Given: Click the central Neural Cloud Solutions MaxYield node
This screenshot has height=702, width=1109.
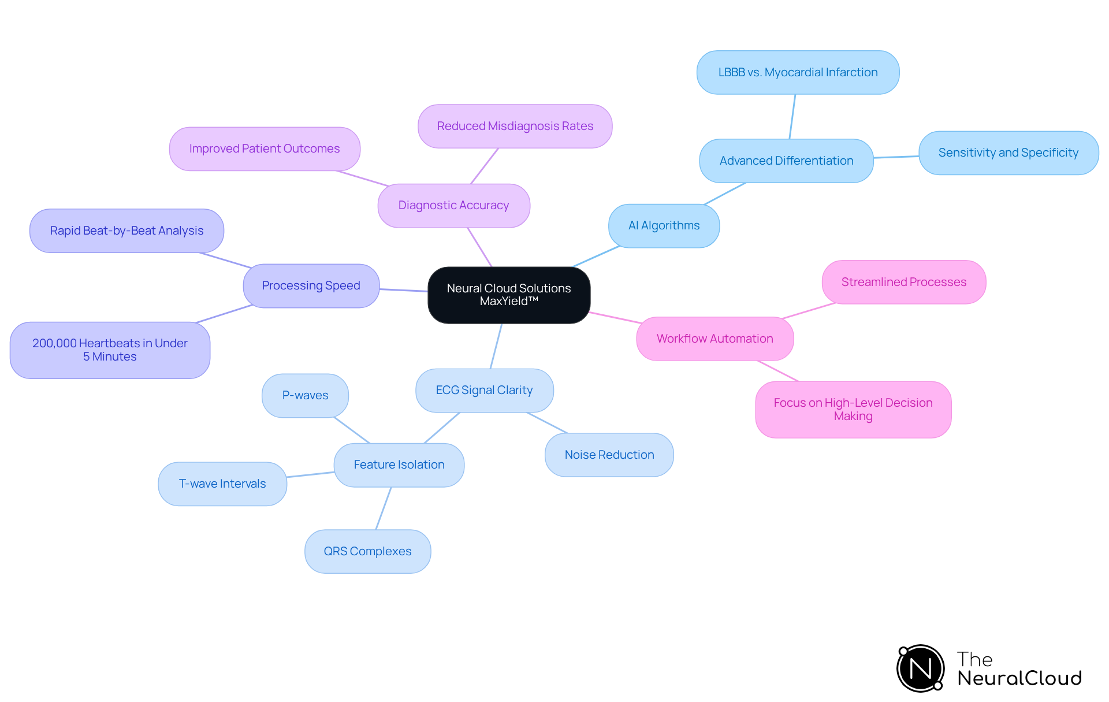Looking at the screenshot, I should (x=508, y=295).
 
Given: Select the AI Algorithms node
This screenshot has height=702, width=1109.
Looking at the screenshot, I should (x=664, y=226).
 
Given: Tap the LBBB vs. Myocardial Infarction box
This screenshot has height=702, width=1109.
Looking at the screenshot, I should (x=798, y=73).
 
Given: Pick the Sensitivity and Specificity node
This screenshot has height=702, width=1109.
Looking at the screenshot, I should (x=1008, y=153).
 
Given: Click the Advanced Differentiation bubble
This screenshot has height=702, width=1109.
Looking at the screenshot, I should (x=786, y=161).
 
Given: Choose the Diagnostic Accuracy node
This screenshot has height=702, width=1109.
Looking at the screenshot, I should (x=453, y=206).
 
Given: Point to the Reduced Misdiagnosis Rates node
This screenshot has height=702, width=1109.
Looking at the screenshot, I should (x=515, y=127).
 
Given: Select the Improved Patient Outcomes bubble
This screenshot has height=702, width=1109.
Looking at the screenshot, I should (x=265, y=149).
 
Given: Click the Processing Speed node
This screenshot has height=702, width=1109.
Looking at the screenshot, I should (x=311, y=286).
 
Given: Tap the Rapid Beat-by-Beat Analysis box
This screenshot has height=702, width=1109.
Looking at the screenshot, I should (x=126, y=231).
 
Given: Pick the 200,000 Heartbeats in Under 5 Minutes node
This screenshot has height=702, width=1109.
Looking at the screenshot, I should (x=110, y=350).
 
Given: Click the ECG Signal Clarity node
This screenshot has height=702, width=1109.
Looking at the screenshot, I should (x=484, y=391).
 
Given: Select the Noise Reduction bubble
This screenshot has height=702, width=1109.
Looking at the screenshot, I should (x=609, y=455).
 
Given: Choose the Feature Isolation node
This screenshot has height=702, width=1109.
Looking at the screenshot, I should (x=399, y=465).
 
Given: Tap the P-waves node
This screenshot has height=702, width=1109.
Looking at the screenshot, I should (x=305, y=396).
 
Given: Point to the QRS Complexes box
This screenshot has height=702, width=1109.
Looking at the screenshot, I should (x=367, y=552).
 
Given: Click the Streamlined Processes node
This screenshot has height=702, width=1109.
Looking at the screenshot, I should (x=903, y=283).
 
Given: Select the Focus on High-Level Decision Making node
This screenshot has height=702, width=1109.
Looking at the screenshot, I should (x=853, y=410).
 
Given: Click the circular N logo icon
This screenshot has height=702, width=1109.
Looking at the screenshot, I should (x=920, y=668).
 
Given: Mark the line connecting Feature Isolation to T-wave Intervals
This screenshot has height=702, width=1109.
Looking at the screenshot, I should (x=310, y=475).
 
